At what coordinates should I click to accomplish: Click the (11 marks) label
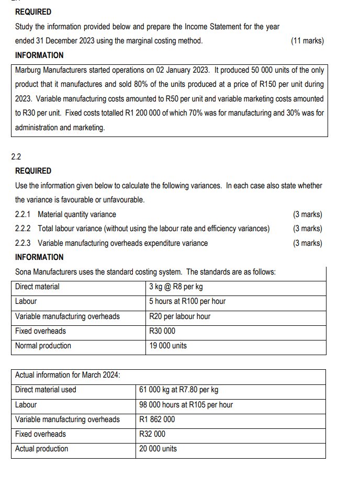pos(307,41)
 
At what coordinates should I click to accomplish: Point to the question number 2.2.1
pos(24,214)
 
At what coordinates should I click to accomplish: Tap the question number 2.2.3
pos(24,243)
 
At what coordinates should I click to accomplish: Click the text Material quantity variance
pos(77,214)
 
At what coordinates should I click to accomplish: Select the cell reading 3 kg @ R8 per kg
pos(176,287)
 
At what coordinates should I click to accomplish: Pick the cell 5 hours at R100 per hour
pos(187,301)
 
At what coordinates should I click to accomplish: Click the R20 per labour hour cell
pos(179,316)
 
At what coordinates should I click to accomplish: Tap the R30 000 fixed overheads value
pos(162,331)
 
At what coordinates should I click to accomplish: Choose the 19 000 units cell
pos(167,346)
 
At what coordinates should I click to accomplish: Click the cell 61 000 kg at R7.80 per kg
pos(178,390)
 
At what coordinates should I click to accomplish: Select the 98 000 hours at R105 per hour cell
pos(186,405)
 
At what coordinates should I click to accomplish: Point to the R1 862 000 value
pos(157,419)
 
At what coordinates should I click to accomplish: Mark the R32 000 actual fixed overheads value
pos(152,434)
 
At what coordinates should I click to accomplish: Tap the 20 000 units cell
pos(158,449)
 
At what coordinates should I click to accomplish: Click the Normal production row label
pos(43,346)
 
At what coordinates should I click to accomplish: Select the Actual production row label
pos(41,449)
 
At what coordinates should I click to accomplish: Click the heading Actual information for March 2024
pos(67,375)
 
